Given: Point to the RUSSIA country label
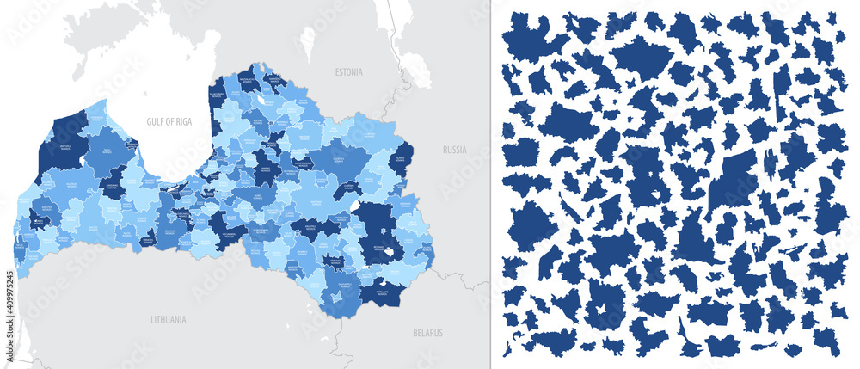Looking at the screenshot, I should tap(453, 149).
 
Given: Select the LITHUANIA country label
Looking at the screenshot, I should tap(168, 318).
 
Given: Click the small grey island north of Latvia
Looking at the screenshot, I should tap(308, 42).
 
